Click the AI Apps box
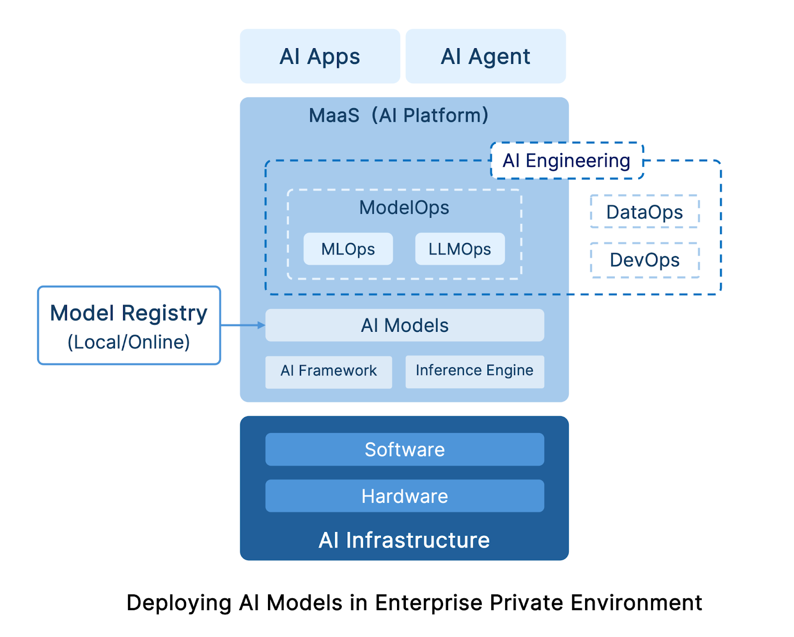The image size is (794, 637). (320, 56)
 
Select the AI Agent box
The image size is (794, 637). (485, 56)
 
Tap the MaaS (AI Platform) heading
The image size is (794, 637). (398, 116)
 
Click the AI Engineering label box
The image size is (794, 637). (567, 160)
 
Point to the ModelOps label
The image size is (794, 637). (404, 207)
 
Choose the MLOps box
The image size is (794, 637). (348, 249)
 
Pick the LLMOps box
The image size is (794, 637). (460, 249)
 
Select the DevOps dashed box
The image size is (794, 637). (645, 260)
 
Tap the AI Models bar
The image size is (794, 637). (404, 325)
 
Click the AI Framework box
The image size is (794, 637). (329, 372)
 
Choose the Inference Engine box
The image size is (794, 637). (474, 372)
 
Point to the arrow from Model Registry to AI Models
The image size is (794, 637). (243, 325)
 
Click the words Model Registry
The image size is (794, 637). (129, 314)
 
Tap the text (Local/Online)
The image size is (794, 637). (129, 342)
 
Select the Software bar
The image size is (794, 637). (404, 449)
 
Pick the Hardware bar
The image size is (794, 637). (404, 496)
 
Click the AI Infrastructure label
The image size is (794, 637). (404, 540)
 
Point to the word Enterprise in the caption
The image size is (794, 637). (429, 603)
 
